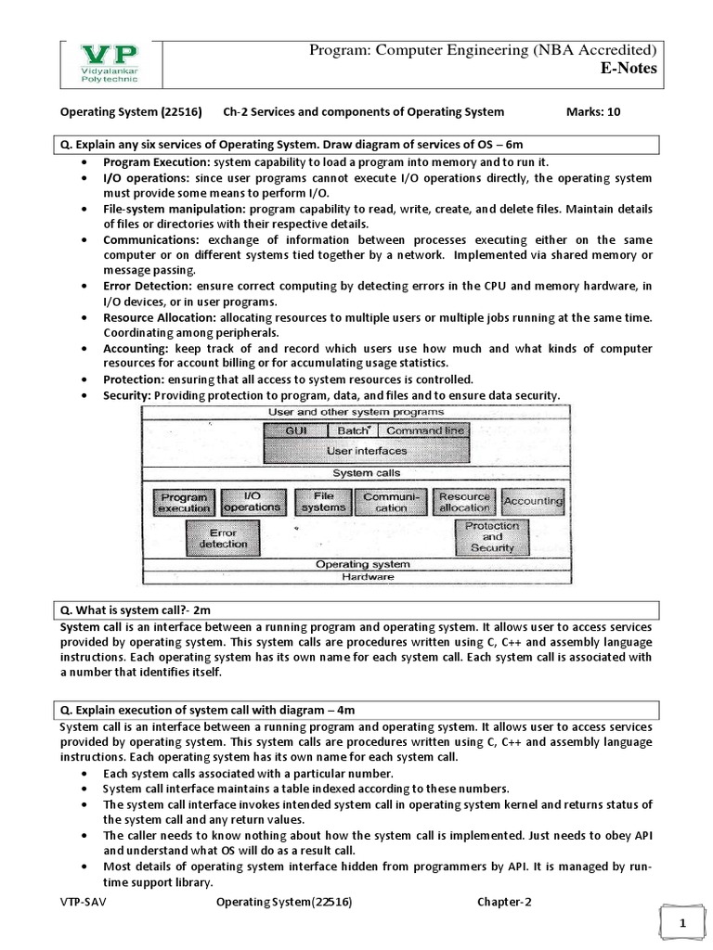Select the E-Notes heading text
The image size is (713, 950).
(x=629, y=69)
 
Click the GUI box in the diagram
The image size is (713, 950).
(x=296, y=430)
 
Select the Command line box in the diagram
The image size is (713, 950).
(x=424, y=430)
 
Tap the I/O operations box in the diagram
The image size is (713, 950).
(x=252, y=502)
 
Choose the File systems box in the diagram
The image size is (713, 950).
(x=322, y=502)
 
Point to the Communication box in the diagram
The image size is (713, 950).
(x=392, y=503)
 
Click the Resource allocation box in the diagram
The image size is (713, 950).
(x=463, y=502)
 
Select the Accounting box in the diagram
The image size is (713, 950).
(x=532, y=501)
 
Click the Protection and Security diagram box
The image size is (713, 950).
(x=491, y=536)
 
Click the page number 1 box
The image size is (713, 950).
(x=681, y=924)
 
